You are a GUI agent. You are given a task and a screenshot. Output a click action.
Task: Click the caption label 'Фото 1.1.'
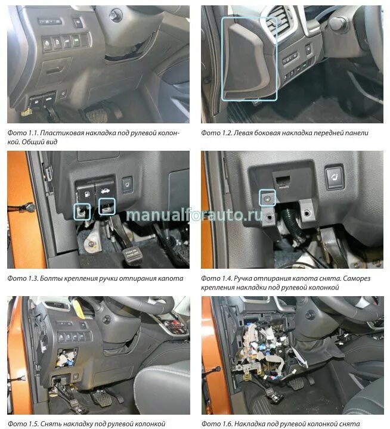[22, 133]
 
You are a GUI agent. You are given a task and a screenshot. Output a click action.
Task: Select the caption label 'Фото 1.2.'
[217, 133]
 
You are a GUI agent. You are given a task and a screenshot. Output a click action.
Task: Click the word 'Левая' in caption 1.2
[244, 133]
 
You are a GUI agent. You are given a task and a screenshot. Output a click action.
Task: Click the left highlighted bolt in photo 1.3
[82, 210]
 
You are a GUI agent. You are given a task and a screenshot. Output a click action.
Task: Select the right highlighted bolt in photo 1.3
[107, 207]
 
